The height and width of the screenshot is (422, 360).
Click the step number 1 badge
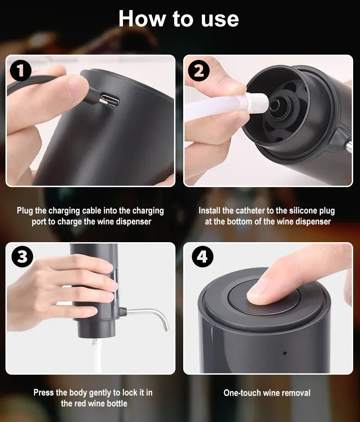point(21,71)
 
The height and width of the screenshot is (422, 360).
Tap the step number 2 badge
point(198,71)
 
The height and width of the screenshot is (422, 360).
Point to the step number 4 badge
point(202,257)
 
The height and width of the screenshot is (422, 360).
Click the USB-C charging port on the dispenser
point(110,101)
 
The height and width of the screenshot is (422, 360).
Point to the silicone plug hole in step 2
point(275,105)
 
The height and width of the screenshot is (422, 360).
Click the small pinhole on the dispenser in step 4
point(285,353)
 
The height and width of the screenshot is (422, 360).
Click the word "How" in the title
point(140,19)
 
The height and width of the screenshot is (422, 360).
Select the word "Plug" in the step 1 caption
point(25,211)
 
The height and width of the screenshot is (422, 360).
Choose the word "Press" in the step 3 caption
point(44,392)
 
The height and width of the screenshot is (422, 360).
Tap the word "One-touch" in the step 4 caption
point(242,392)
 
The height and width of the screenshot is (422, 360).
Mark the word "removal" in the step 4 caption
point(296,392)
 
